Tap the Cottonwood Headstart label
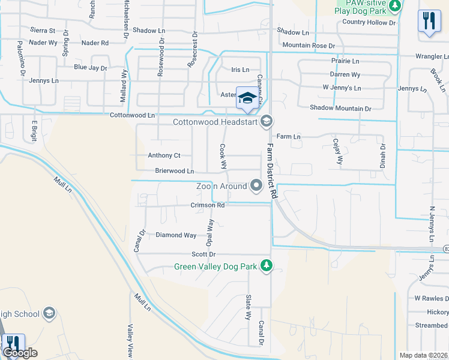(214, 122)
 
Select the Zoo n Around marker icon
(257, 186)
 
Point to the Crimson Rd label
(208, 205)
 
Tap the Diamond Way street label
(176, 235)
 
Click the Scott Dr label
(203, 255)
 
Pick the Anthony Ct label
(164, 155)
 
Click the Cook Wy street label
(223, 155)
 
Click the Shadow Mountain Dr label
(340, 108)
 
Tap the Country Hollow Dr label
(369, 22)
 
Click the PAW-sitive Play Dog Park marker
(395, 6)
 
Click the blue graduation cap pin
(247, 98)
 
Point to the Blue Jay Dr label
(91, 68)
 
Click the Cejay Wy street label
(337, 151)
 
